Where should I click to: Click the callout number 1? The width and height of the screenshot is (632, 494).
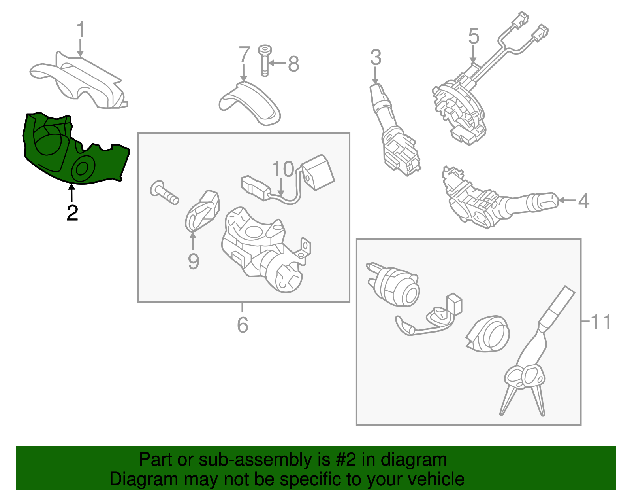81,29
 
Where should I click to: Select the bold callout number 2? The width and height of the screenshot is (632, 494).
72,213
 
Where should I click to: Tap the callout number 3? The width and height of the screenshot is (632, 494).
376,57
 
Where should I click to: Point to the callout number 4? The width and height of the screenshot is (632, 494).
583,201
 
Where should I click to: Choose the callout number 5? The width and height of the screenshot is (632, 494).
474,36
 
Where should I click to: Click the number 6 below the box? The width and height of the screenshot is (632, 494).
243,325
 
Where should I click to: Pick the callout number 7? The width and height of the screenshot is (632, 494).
244,55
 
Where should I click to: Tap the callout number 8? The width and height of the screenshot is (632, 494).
293,64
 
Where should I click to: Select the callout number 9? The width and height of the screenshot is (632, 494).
194,261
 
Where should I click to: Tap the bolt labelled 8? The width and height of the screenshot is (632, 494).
265,61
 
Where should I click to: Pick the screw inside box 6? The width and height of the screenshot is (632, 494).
164,192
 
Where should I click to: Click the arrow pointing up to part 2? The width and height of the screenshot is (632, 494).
71,192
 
